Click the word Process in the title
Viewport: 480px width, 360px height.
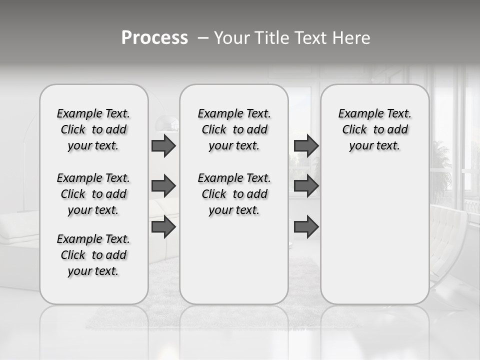(154, 38)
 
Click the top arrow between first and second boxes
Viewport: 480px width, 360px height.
(163, 145)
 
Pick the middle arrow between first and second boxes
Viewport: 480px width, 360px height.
(163, 186)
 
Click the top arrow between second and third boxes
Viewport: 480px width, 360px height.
(306, 145)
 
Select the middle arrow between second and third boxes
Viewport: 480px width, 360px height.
(306, 186)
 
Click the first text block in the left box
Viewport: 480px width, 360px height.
(93, 129)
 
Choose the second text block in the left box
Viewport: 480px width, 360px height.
(93, 194)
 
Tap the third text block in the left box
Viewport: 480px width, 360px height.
(93, 255)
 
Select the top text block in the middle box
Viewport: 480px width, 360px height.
(234, 129)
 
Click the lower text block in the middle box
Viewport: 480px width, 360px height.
(234, 194)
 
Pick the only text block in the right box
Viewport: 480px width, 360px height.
(374, 129)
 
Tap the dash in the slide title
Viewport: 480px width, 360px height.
(203, 38)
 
